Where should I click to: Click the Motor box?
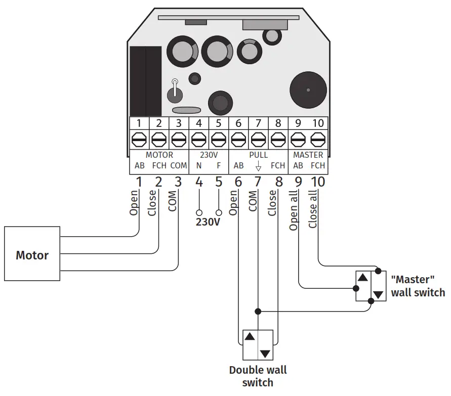(32, 254)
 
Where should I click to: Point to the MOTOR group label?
(159, 155)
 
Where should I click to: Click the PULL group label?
(258, 155)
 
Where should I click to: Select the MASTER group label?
(308, 155)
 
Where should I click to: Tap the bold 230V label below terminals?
(208, 222)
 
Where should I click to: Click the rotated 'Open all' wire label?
(294, 211)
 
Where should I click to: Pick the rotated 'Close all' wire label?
(313, 209)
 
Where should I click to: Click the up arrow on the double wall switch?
(250, 336)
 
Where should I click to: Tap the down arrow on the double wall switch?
(265, 353)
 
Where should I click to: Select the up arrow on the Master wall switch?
(363, 277)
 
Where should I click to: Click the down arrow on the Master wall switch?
(378, 294)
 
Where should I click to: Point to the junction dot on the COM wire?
(258, 311)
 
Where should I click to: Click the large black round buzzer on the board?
(307, 90)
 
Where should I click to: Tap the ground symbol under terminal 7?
(258, 166)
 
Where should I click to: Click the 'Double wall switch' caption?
(258, 376)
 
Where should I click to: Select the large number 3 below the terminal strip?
(178, 182)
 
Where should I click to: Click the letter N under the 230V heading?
(198, 165)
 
